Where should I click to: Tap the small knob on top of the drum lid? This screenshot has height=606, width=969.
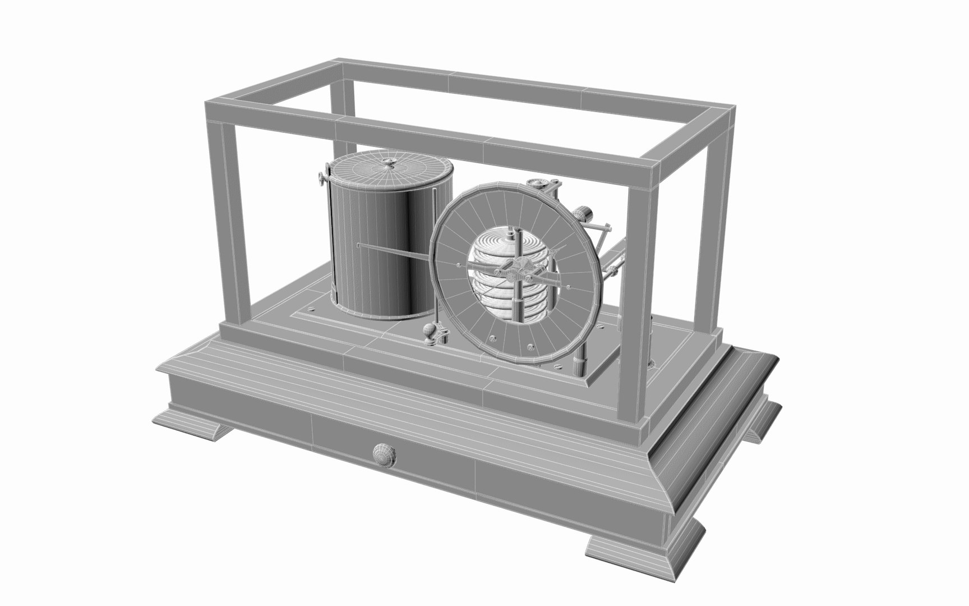coord(389,163)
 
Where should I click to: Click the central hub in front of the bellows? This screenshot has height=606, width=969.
coord(522,269)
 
